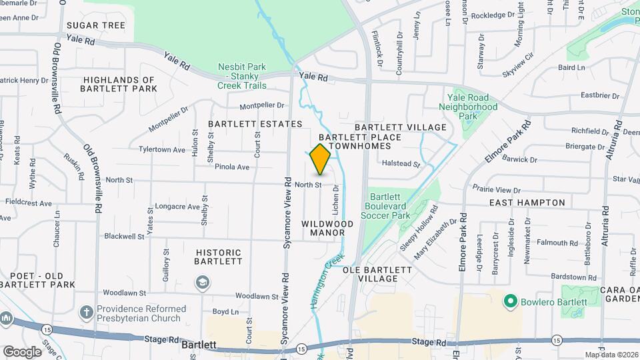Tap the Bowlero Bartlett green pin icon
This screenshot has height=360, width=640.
511,302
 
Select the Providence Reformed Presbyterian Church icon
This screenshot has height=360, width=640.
85,311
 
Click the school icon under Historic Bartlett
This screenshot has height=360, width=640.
201,283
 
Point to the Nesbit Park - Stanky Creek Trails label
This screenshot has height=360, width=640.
242,76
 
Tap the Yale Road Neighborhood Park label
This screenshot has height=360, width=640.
469,107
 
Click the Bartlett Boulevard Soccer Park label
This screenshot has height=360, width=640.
390,206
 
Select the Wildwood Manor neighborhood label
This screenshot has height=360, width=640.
327,228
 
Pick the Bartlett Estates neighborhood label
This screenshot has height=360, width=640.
255,124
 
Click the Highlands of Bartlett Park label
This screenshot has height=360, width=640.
119,84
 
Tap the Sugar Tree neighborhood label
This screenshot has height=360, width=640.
96,25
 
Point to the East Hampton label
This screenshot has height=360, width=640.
527,202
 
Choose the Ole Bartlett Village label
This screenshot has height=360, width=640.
377,274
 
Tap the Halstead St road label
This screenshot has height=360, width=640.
401,163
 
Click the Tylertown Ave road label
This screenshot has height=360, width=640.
162,149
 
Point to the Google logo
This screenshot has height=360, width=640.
22,351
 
